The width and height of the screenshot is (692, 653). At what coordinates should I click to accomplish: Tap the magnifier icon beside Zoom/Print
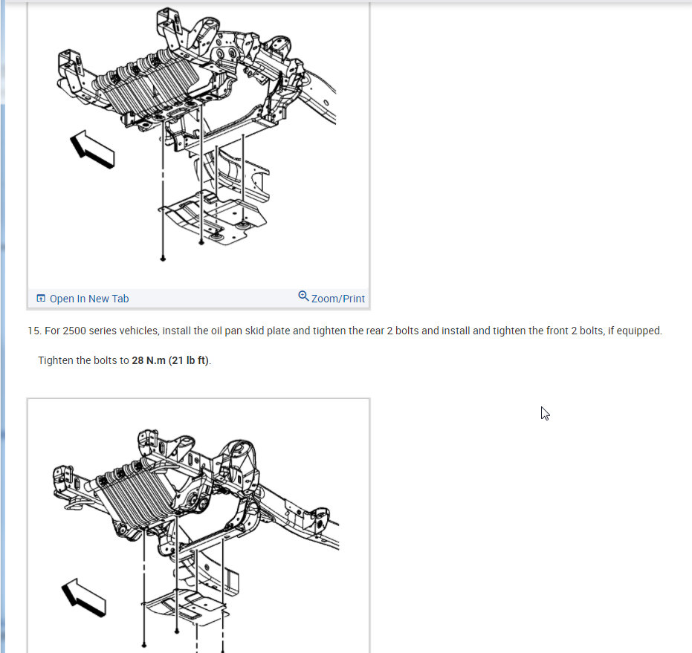click(x=303, y=296)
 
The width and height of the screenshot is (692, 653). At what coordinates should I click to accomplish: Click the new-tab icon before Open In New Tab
click(x=41, y=298)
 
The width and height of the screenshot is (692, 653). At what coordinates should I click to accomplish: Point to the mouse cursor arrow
click(x=545, y=414)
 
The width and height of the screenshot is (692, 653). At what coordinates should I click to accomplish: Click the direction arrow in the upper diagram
click(x=92, y=149)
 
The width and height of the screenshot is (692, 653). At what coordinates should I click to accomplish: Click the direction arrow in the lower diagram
click(x=83, y=597)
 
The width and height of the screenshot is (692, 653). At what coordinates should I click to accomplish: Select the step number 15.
click(x=34, y=331)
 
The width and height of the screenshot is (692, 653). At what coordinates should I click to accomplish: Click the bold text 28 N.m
click(x=149, y=360)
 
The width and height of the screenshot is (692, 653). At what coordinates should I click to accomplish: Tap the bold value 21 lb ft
click(x=190, y=360)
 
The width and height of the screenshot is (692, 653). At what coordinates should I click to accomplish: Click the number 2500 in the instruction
click(x=74, y=331)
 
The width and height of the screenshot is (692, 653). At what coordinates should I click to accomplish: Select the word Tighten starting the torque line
click(x=56, y=360)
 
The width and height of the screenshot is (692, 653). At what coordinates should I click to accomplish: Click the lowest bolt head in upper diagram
click(x=163, y=259)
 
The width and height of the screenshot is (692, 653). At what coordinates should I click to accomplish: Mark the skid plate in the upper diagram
click(x=213, y=217)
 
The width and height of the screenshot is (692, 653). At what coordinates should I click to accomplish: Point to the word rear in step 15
click(x=375, y=331)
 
